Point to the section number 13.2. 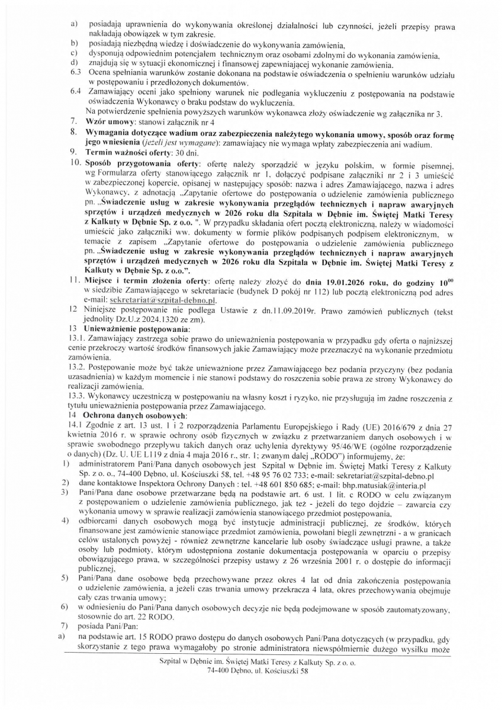point(78,376)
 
